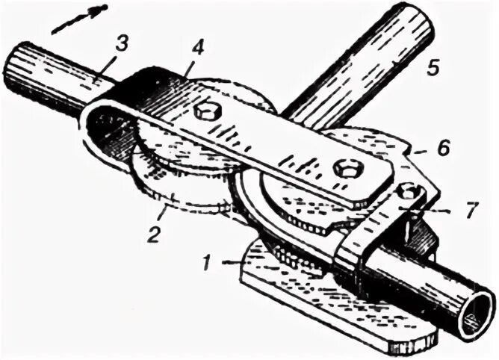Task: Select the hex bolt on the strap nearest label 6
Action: (344, 167)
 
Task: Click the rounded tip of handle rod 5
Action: (415, 25)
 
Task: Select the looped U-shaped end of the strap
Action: (105, 131)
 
